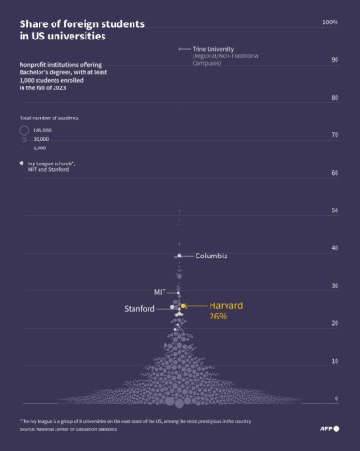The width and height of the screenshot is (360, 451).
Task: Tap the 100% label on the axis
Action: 330,22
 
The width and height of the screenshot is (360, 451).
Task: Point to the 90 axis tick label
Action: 334,60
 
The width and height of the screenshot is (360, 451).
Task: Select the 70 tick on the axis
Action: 334,135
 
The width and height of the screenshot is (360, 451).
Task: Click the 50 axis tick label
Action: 334,210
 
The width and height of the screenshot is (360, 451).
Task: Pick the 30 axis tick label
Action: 334,286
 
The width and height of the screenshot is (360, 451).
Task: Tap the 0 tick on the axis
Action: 336,398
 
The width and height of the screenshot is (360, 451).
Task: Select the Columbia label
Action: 211,256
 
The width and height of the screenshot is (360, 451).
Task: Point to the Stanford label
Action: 139,309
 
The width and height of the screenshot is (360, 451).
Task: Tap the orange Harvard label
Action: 227,305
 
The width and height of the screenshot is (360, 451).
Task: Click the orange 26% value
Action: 218,318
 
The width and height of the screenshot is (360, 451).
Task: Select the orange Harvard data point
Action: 184,306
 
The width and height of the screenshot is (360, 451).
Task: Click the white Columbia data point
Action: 180,256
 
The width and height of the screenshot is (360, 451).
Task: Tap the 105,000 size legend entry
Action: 42,130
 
